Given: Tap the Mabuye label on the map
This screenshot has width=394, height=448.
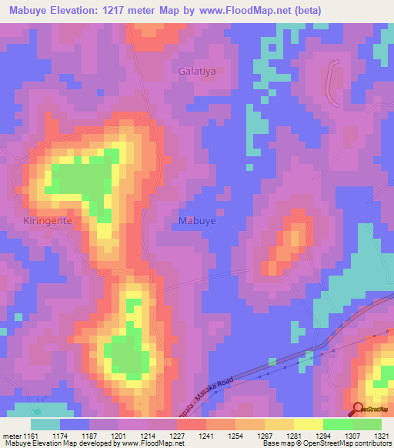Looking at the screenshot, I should click(x=197, y=220).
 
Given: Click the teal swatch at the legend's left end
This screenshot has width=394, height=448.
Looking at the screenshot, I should click(x=45, y=424).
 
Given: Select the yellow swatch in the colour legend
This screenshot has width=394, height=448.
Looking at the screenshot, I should click(x=309, y=424).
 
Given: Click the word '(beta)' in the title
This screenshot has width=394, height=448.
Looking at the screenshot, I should click(x=303, y=10).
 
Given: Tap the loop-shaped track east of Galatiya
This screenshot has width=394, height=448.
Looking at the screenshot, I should click(x=334, y=83).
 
